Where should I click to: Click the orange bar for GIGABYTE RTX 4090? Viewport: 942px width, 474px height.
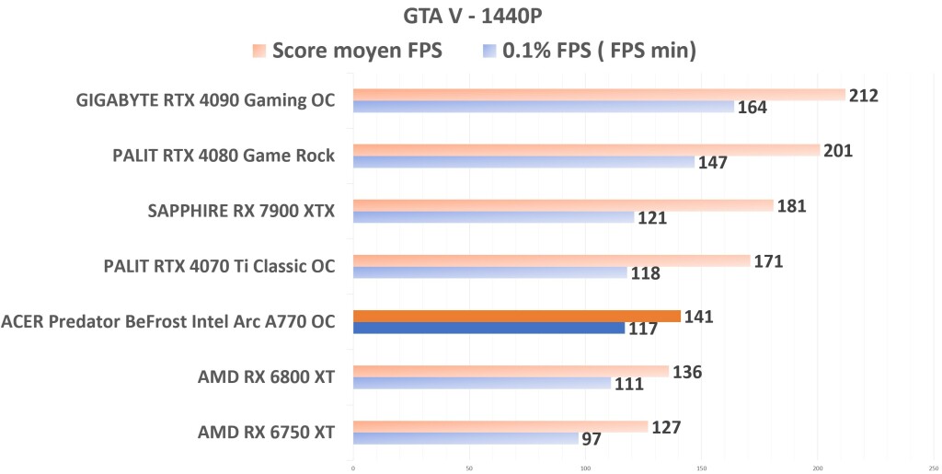coord(598,95)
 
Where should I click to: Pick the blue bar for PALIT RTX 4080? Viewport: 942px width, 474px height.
coord(523,162)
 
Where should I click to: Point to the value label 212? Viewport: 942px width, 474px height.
coord(864,96)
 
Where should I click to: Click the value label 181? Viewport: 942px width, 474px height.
coord(791,205)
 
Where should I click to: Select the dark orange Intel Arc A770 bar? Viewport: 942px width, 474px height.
coord(516,316)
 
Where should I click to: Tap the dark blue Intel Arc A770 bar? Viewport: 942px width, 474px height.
coord(488,328)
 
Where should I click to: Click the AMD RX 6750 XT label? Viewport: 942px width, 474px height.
coord(266,433)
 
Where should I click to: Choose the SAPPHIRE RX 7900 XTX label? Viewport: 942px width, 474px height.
coord(241,212)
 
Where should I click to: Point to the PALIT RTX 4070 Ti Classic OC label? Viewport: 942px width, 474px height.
coord(219,267)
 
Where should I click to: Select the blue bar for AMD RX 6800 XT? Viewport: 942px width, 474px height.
coord(481,383)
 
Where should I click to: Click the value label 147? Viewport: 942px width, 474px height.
coord(712,163)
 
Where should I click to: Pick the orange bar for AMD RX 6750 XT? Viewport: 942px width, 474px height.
coord(500,426)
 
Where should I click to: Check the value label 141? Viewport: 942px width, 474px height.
coord(698,317)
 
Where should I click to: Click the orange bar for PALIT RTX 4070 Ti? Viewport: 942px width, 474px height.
coord(551,260)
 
